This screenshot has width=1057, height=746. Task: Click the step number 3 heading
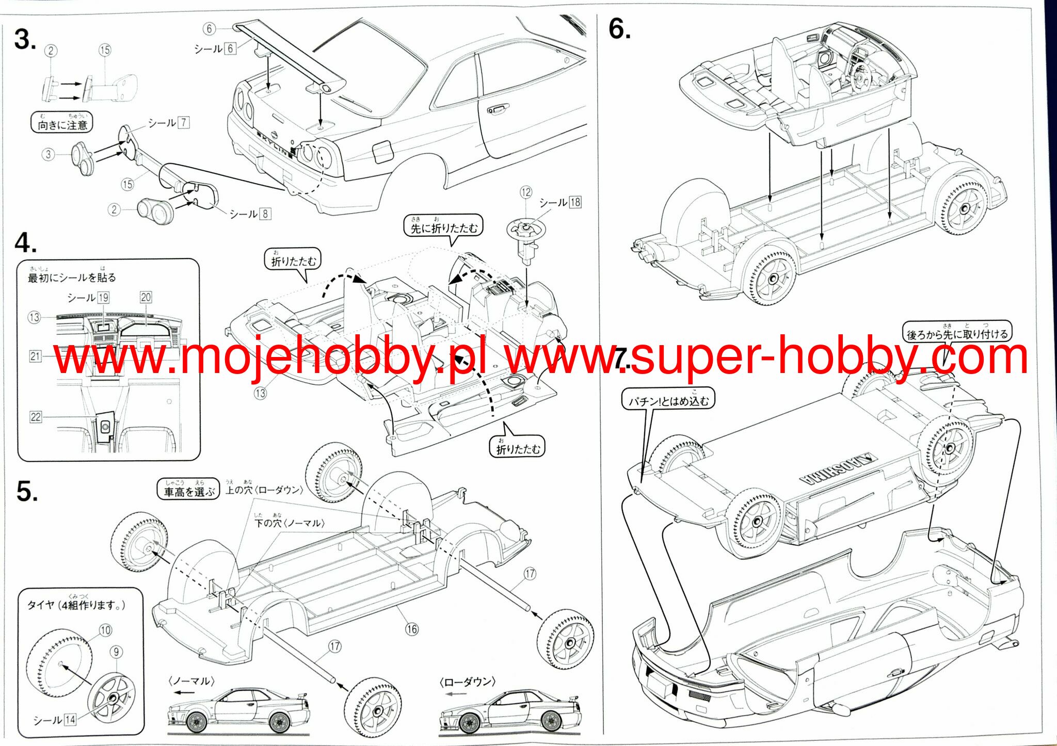[25, 40]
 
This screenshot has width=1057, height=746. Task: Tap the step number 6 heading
[619, 29]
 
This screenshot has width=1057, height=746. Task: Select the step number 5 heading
[26, 491]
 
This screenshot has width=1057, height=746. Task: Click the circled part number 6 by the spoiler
[209, 28]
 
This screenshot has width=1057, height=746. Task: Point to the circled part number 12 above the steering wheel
[525, 192]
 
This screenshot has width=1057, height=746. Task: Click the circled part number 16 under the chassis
[411, 629]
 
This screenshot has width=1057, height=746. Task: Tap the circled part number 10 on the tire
[105, 630]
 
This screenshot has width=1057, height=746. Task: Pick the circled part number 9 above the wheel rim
[116, 652]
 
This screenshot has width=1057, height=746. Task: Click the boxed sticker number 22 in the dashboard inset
[36, 417]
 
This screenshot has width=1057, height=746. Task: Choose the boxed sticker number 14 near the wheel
[70, 719]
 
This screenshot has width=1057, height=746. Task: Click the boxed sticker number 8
[265, 214]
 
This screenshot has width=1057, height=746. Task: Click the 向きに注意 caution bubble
[62, 123]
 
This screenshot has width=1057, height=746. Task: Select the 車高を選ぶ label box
[188, 490]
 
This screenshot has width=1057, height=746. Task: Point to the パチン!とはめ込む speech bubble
[668, 399]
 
